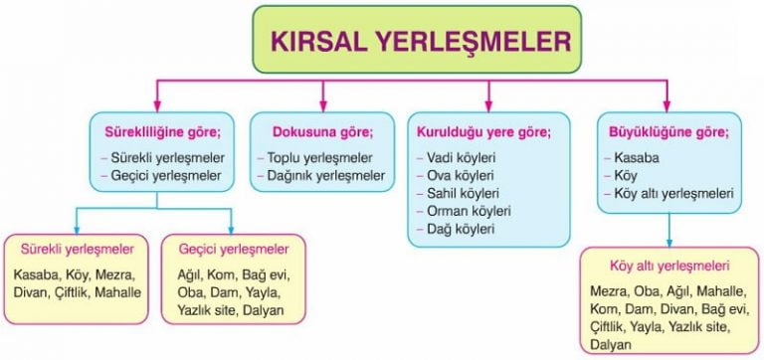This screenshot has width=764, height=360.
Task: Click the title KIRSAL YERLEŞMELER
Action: tap(421, 42)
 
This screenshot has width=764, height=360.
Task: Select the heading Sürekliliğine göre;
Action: tap(163, 132)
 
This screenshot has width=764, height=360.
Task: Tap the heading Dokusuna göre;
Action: tap(322, 132)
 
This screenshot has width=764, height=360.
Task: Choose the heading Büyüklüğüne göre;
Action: tap(669, 132)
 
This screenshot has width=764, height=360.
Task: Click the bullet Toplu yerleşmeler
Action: tap(319, 158)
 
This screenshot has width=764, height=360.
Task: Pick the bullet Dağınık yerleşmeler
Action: tap(326, 176)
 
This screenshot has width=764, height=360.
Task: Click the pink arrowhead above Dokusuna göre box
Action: tap(322, 105)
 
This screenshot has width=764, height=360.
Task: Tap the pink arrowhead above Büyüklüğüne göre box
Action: tap(668, 105)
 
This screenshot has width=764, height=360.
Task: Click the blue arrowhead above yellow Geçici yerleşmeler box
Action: tap(231, 229)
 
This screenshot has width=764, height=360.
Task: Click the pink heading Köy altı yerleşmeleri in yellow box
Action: tap(668, 267)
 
